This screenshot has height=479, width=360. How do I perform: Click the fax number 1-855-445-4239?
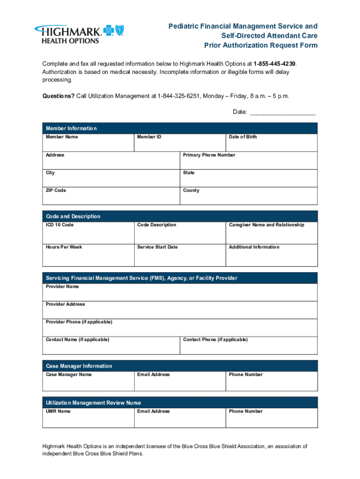pos(274,64)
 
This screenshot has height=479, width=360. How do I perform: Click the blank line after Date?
pos(283,112)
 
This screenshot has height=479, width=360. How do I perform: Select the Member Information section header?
pos(71,129)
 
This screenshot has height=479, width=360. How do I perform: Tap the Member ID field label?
pos(149,137)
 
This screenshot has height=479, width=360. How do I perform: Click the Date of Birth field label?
pos(243,137)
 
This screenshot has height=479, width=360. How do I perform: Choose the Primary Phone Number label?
pos(209,155)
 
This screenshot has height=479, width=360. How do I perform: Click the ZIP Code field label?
pos(56,190)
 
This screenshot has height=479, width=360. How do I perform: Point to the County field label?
pos(191,190)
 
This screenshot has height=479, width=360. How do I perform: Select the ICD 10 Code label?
pos(59,225)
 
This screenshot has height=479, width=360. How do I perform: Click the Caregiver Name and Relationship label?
pos(266,225)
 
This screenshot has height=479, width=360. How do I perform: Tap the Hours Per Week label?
pos(64,247)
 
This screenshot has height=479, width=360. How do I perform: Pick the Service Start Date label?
pos(157,247)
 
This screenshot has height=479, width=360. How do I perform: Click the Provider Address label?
pos(65,304)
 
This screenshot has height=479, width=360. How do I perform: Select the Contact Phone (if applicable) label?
pos(216,340)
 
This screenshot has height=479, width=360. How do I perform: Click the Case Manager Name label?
pos(69,375)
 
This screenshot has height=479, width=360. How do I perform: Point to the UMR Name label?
pos(58,412)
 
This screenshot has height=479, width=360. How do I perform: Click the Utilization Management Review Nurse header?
pos(93,403)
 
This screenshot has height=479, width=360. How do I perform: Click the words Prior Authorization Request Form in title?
pos(260,45)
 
